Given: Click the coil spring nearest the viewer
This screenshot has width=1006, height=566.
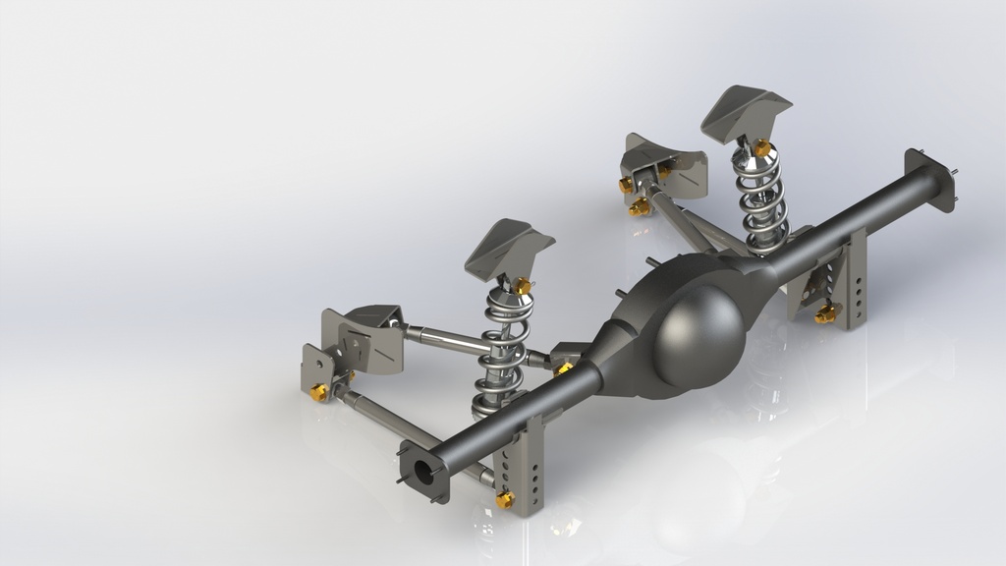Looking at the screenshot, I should point(499,354).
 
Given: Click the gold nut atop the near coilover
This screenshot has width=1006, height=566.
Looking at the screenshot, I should point(523,286).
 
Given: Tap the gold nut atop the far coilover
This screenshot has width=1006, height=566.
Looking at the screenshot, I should point(760,148).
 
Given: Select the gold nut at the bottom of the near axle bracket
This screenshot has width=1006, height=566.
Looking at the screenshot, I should point(505,500).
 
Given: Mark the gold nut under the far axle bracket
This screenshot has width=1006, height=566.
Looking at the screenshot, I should point(824,314).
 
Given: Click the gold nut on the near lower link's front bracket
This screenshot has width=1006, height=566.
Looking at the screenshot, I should point(319,392).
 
